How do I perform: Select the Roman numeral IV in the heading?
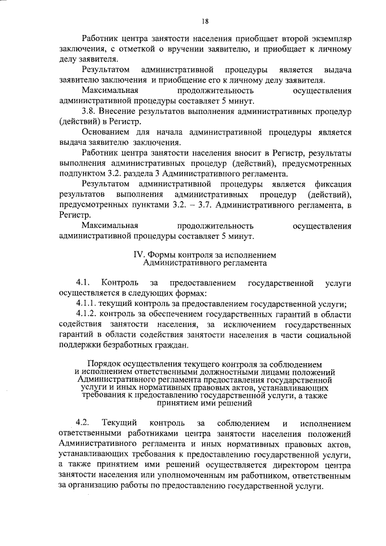(139, 255)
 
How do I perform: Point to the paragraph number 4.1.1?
(89, 303)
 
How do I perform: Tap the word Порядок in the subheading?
(106, 364)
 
